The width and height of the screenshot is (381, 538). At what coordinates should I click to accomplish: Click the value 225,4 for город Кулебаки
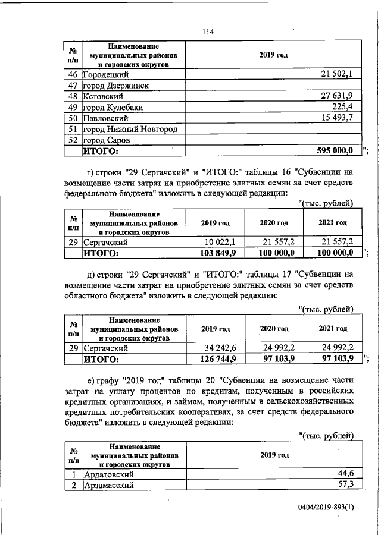click(x=343, y=107)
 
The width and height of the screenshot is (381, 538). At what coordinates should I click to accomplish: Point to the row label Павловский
click(x=104, y=118)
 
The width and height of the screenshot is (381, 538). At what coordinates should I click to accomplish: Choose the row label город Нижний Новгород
click(x=130, y=129)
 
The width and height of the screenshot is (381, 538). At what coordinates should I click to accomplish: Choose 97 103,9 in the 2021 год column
click(x=336, y=359)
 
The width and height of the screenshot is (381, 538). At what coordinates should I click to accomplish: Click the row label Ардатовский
click(x=108, y=474)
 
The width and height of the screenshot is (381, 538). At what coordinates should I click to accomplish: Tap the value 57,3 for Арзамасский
click(x=346, y=486)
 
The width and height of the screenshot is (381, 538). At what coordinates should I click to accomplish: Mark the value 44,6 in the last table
click(x=346, y=474)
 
